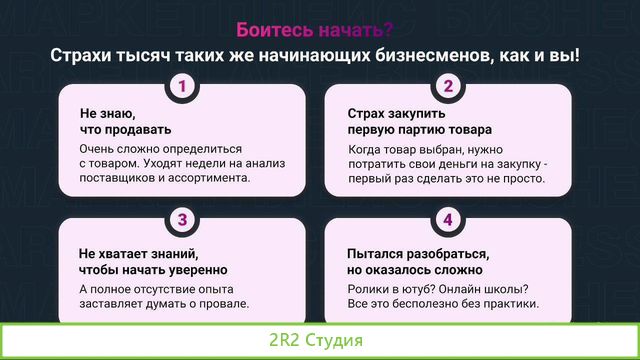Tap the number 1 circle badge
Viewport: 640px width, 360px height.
click(182, 86)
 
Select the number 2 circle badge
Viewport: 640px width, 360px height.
click(448, 86)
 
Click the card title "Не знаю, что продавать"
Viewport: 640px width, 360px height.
click(112, 121)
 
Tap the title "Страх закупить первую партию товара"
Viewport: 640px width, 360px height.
click(419, 121)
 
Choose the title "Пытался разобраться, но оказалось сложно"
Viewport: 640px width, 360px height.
click(416, 261)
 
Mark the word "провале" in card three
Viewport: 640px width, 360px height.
click(222, 304)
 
